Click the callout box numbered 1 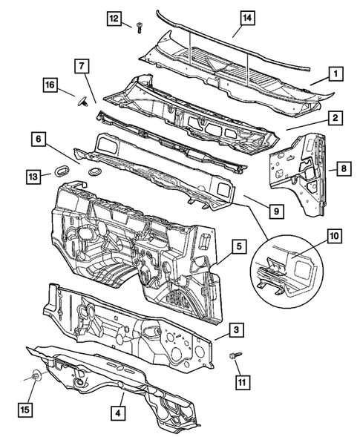tap(336, 74)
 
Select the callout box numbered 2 tap(336, 117)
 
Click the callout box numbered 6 tap(38, 138)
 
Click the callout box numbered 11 tap(241, 382)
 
